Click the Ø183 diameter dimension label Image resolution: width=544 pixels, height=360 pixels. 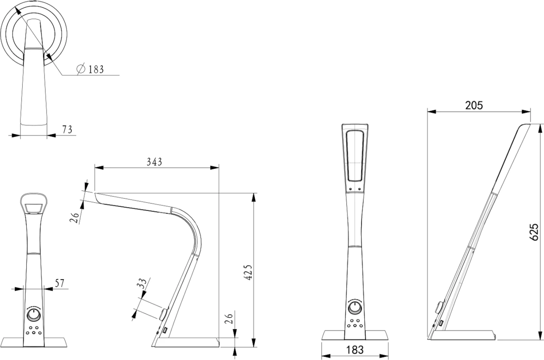click(91, 69)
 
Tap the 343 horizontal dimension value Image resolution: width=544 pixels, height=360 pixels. click(154, 162)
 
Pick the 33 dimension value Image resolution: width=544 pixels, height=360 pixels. click(142, 284)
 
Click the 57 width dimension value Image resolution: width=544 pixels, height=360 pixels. click(59, 283)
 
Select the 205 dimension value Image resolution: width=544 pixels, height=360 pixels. click(474, 105)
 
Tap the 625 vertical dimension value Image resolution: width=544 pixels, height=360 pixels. click(534, 232)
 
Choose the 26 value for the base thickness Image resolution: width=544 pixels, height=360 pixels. click(229, 319)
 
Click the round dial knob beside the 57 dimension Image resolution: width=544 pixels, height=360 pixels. click(34, 315)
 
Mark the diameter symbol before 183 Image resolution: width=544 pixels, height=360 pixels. click(81, 69)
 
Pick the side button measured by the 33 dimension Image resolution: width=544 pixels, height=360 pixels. click(164, 314)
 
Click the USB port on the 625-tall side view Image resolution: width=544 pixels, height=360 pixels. click(442, 324)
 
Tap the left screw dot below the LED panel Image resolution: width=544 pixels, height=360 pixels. click(350, 188)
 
